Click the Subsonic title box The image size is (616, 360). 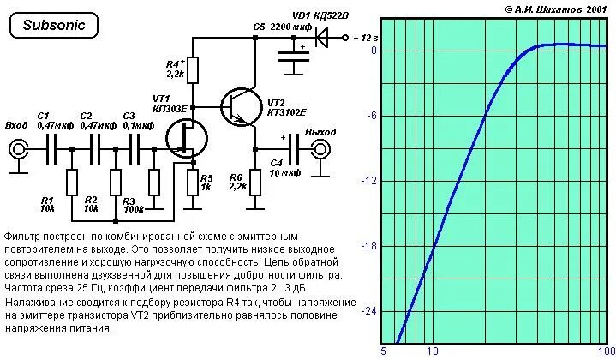tap(53, 25)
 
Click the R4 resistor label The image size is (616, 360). tap(174, 69)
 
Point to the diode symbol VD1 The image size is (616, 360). tap(323, 38)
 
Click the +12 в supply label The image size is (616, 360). tap(365, 39)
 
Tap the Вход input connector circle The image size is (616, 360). tap(16, 150)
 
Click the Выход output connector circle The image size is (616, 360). tap(320, 150)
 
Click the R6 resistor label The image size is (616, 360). tap(236, 182)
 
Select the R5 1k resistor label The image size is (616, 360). tap(206, 182)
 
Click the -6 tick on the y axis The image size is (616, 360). tap(372, 117)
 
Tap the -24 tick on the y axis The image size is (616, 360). tap(370, 312)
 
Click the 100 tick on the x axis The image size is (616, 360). tap(605, 351)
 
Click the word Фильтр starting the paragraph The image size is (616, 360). tap(22, 235)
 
